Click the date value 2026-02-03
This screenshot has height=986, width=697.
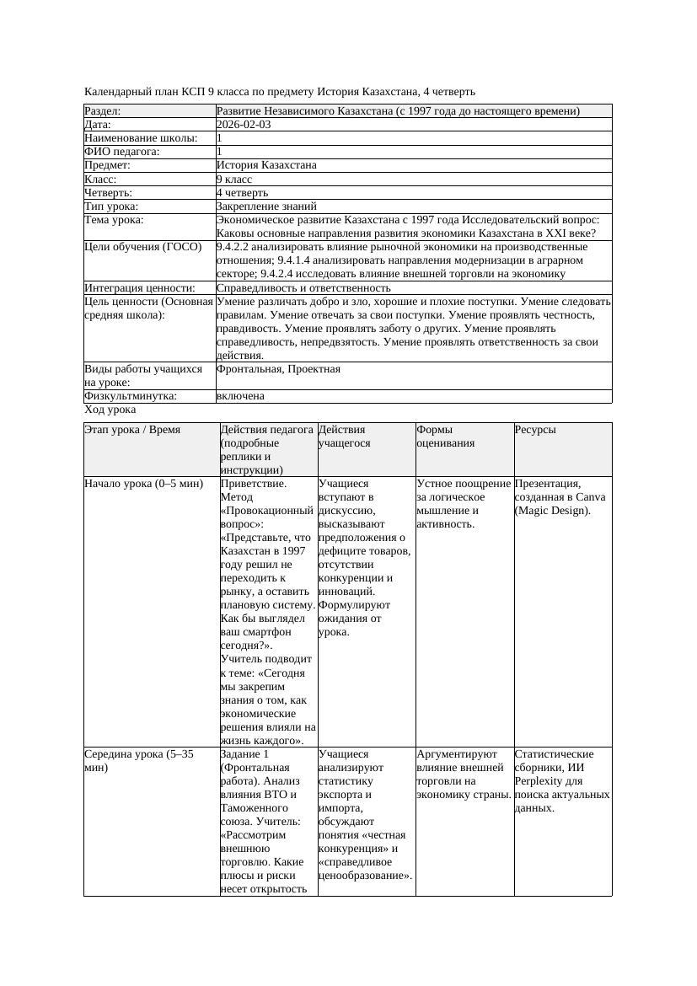244,125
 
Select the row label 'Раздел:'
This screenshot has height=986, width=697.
103,111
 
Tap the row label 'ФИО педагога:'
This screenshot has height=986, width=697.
122,152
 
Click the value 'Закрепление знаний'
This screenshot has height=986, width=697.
266,206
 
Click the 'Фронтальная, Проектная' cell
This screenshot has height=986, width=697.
278,369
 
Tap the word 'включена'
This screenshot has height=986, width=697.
240,396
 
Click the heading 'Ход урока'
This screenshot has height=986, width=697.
110,410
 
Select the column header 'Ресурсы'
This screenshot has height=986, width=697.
535,430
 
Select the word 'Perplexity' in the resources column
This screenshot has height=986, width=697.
539,781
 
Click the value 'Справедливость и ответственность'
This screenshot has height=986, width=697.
303,288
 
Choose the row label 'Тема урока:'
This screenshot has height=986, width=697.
114,220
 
